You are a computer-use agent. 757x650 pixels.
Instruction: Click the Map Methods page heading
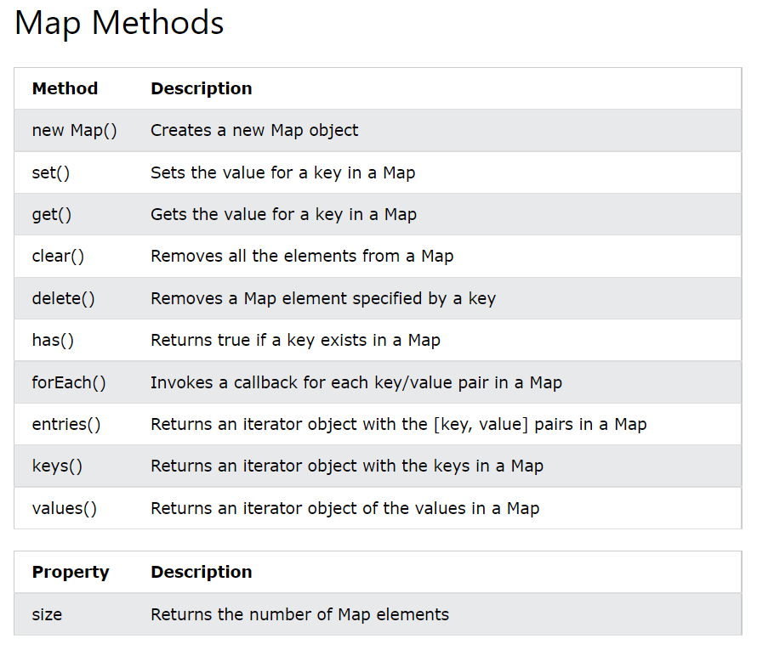coord(120,23)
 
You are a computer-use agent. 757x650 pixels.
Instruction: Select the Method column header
coord(65,88)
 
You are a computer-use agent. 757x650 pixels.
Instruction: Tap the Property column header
coord(71,572)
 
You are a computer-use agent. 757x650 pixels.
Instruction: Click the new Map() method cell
coord(74,130)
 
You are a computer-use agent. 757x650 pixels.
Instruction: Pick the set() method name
coord(50,172)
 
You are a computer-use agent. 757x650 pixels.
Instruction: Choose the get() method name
coord(51,214)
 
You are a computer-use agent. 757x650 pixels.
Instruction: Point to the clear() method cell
coord(58,256)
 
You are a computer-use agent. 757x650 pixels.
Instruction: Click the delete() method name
coord(63,298)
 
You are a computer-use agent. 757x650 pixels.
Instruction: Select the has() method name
coord(53,341)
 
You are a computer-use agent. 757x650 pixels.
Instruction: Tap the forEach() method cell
coord(69,382)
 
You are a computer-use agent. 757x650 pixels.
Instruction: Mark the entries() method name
coord(66,424)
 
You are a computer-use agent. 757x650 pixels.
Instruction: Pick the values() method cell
coord(65,508)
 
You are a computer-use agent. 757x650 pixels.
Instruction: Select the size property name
coord(47,613)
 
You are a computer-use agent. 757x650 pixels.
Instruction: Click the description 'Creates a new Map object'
coord(254,130)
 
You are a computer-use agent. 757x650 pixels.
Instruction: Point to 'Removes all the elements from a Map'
coord(302,256)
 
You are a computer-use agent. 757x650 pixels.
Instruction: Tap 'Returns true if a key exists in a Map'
coord(295,341)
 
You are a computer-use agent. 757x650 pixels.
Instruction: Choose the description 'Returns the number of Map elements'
coord(299,613)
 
